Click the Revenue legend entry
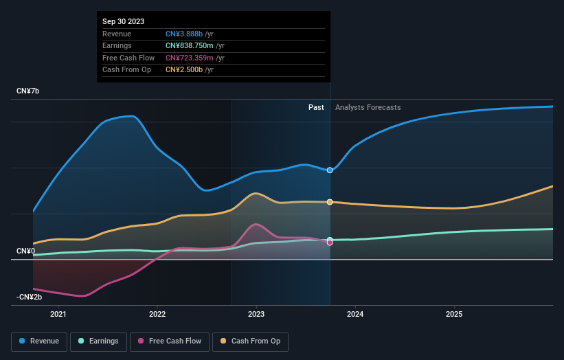coord(39,341)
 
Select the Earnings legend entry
coord(99,341)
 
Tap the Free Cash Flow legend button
coord(170,341)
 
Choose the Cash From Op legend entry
coord(250,341)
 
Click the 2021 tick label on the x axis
coord(58,315)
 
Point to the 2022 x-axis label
coord(157,315)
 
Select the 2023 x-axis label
coord(256,315)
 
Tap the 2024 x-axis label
coord(355,315)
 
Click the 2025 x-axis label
coord(454,315)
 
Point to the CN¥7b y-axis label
coord(28,91)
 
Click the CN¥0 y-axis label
coord(25,251)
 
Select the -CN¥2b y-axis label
coord(30,297)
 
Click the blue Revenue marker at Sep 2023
coord(330,170)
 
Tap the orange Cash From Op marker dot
coord(330,202)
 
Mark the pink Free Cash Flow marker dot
coord(330,243)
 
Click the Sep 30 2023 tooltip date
coord(124,22)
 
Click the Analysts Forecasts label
coord(368,107)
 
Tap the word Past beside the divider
coord(316,107)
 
